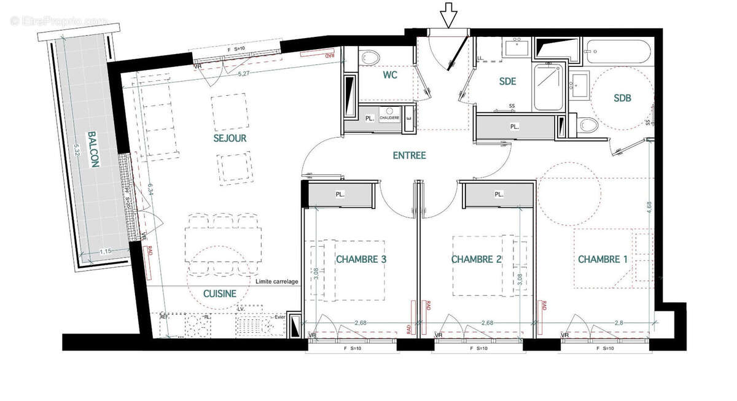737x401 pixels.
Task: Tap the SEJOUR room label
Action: [x=229, y=138]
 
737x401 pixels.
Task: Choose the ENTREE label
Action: [x=409, y=155]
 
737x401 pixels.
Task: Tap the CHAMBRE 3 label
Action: [x=361, y=259]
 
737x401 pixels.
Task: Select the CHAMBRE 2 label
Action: [x=476, y=259]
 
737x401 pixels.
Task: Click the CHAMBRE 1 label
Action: [x=602, y=259]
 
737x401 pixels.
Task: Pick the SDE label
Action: [x=507, y=80]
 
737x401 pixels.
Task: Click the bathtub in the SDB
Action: [x=617, y=52]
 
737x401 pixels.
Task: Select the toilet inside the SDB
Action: [x=588, y=125]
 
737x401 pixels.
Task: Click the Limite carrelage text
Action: [x=278, y=281]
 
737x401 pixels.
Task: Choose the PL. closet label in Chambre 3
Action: [x=339, y=194]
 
